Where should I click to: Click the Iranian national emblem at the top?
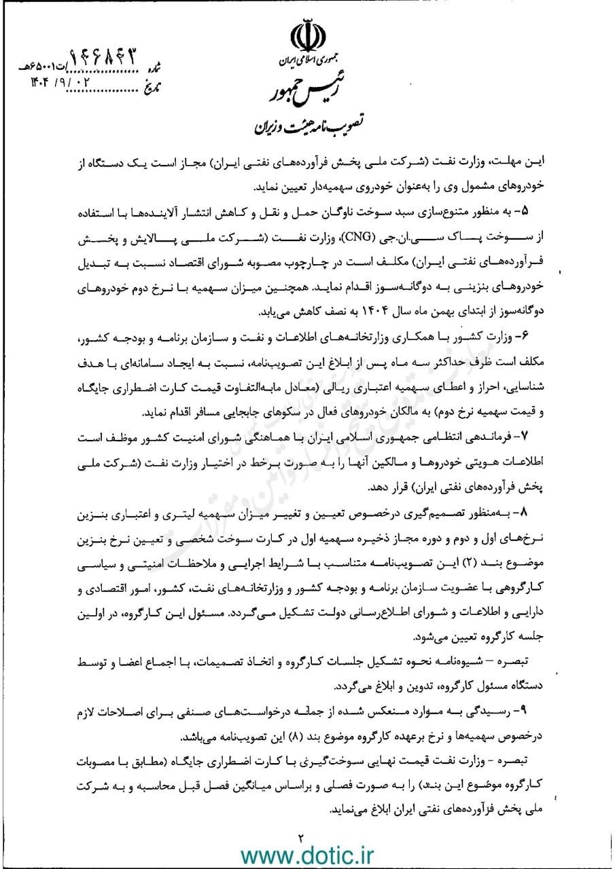307,37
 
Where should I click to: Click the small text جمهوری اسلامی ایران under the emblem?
308,62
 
